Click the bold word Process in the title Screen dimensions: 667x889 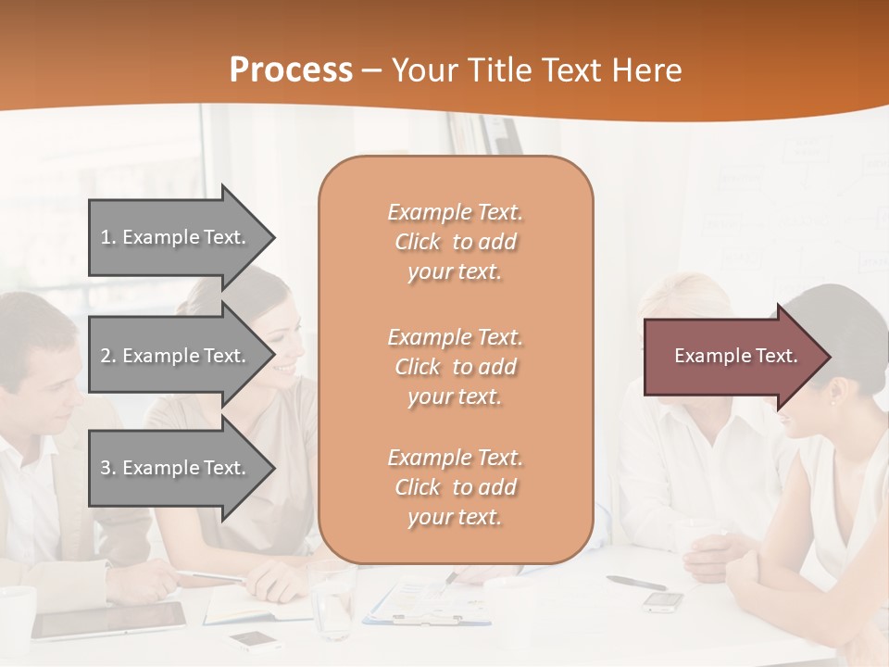click(291, 70)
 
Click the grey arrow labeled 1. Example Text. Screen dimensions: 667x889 click(176, 237)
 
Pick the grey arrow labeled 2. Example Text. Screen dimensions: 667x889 click(176, 356)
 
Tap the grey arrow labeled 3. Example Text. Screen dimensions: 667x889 click(176, 468)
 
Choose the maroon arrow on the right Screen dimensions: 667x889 click(732, 356)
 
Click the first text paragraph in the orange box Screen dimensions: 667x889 click(455, 242)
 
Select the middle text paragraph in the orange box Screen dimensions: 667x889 click(455, 367)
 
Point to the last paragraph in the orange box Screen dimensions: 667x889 click(455, 487)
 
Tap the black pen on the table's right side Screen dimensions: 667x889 click(636, 583)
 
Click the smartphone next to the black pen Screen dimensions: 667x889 click(663, 601)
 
